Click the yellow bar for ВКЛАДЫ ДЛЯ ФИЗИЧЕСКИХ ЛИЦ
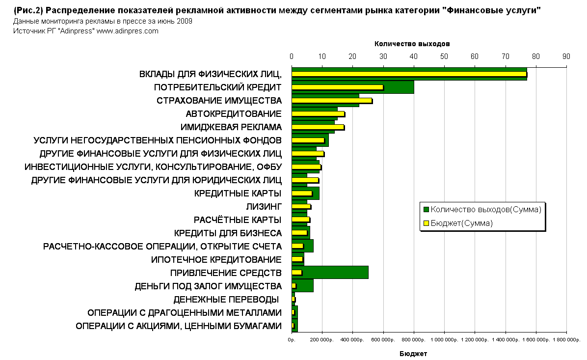(408, 74)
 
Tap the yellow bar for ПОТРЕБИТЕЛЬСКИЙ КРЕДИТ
(337, 87)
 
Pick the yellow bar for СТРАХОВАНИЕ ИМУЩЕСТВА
(332, 101)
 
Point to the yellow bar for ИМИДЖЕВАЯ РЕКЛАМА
(318, 127)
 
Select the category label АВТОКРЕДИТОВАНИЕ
(233, 114)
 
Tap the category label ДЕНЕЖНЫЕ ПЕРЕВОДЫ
(226, 299)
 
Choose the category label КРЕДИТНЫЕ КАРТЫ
(238, 193)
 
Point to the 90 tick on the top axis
(566, 56)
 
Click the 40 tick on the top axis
(414, 56)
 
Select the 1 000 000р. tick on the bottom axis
(444, 340)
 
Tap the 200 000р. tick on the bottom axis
(322, 340)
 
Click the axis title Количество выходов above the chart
(412, 44)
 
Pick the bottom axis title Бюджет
(413, 354)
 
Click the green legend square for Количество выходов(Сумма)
(426, 210)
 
